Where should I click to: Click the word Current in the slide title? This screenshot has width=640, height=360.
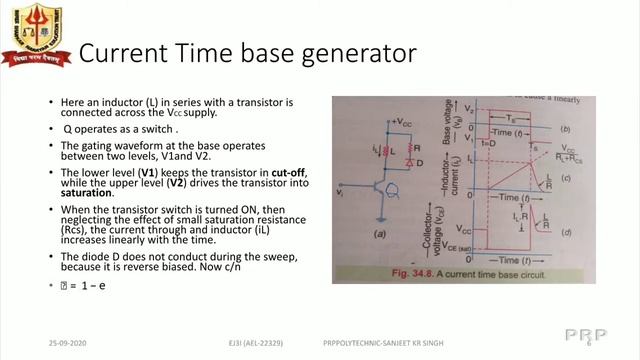[119, 52]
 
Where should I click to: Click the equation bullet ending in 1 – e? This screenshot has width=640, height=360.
[80, 288]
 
